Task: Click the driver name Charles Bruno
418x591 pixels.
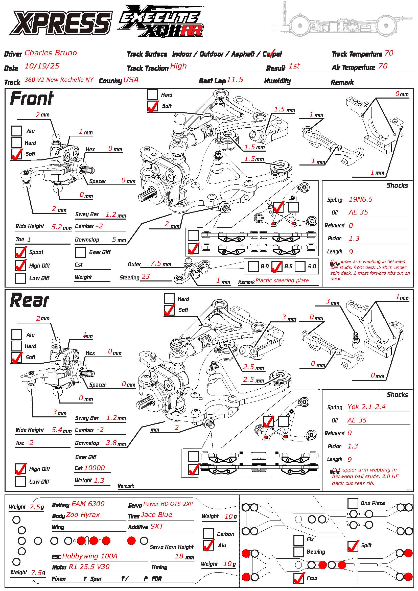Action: tap(51, 53)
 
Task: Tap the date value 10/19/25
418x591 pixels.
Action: tap(42, 66)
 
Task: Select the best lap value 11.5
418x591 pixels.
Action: tap(235, 80)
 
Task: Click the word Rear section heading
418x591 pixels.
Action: tap(29, 300)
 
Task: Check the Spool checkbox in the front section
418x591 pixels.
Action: tap(20, 252)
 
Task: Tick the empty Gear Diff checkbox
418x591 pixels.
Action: tap(80, 252)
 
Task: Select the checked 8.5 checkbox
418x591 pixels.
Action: tap(277, 267)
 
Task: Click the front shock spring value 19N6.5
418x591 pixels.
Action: tap(361, 199)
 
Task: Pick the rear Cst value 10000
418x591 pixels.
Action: tap(95, 468)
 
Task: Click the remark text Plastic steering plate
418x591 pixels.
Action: tap(282, 280)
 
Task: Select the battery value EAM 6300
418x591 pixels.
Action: tap(88, 504)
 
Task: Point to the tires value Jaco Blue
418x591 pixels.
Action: tap(156, 514)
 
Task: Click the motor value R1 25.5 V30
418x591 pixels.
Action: tap(89, 567)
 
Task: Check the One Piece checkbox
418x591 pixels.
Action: tap(353, 504)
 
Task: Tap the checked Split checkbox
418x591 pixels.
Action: tap(353, 546)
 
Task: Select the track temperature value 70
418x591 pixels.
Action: tap(389, 53)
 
